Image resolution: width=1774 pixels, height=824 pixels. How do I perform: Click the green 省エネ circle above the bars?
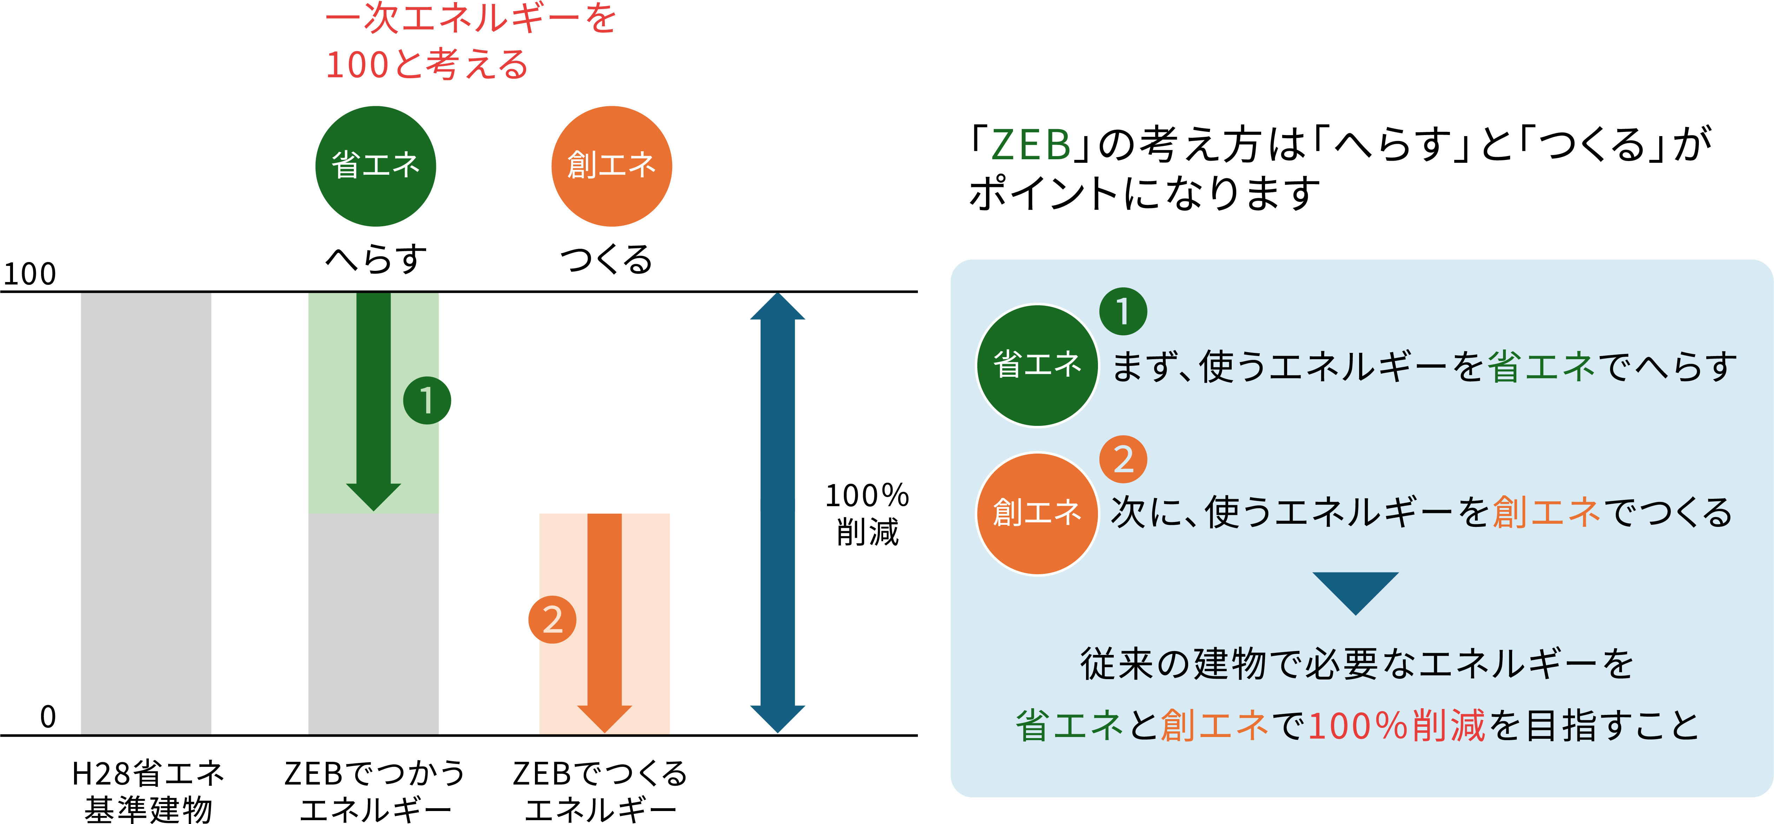[375, 166]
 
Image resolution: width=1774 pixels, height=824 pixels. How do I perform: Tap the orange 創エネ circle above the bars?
[611, 166]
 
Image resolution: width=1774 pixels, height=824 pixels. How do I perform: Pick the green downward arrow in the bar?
[373, 399]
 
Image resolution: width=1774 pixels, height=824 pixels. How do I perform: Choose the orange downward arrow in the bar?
[605, 619]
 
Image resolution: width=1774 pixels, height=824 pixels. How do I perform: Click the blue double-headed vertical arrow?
[777, 513]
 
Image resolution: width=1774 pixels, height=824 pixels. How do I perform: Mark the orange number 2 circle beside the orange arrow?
[552, 619]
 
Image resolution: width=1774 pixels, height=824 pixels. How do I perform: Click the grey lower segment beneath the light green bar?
[373, 623]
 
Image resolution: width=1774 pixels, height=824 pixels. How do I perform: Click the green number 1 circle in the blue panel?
[1123, 311]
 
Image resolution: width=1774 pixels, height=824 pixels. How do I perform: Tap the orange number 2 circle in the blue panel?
[1123, 459]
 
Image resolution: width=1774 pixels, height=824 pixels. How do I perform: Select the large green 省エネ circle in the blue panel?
[1037, 365]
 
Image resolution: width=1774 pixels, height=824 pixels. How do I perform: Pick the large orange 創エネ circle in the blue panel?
[1037, 513]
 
